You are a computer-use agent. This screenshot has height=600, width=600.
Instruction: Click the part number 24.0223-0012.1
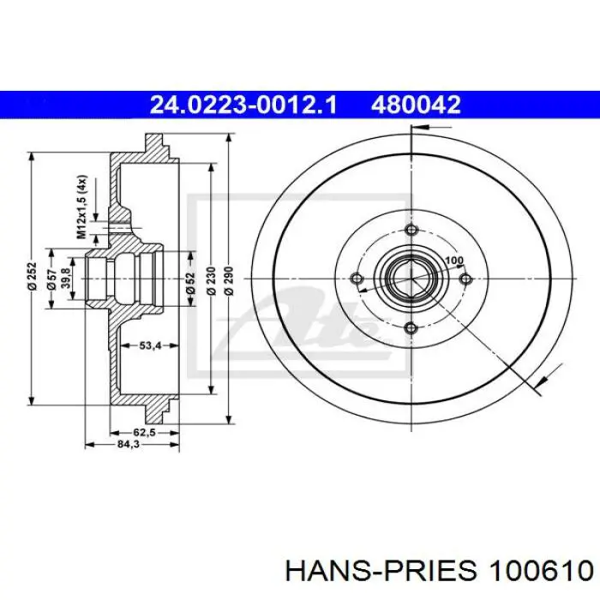click(x=243, y=104)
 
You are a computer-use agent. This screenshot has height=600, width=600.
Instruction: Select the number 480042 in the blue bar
click(x=416, y=104)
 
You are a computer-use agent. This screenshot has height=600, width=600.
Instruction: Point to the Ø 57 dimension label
click(x=52, y=279)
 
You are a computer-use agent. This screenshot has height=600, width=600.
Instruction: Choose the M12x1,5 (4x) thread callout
click(x=81, y=207)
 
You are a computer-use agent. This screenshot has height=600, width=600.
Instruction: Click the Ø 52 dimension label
click(x=190, y=282)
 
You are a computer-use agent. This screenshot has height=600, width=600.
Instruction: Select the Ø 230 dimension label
click(x=211, y=281)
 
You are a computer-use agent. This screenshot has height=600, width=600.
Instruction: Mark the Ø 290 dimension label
click(x=229, y=281)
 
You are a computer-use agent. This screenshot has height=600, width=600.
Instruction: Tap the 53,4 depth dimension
click(x=150, y=346)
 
